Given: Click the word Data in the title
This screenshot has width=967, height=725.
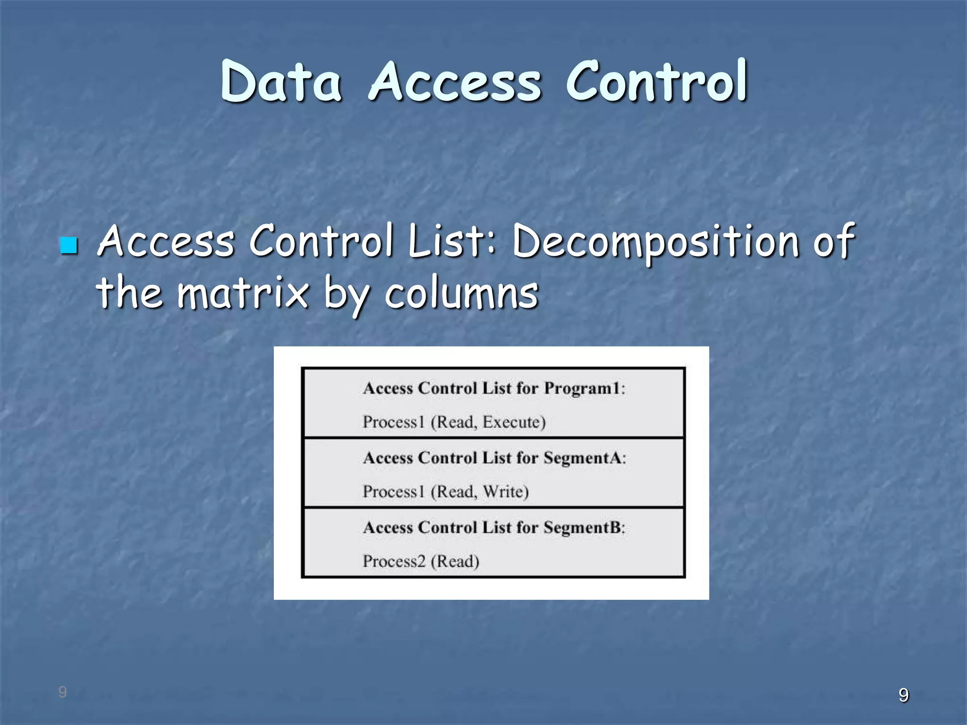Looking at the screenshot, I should [x=280, y=82].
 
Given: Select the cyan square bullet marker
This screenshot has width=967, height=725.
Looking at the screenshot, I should [x=69, y=245].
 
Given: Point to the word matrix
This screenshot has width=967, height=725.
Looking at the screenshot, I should [x=243, y=293].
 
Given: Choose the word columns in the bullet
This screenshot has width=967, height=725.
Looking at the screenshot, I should [x=461, y=293].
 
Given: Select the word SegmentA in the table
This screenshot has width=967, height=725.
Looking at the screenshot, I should [x=582, y=457].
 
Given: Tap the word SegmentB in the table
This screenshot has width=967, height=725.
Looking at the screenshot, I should [x=582, y=527].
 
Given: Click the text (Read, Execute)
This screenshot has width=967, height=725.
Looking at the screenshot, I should [x=488, y=422].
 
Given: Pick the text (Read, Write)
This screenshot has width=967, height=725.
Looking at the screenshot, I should [x=480, y=491].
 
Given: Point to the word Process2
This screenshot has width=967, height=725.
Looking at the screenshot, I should [x=394, y=561].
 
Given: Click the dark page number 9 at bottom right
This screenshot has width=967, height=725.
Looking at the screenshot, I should [x=903, y=695].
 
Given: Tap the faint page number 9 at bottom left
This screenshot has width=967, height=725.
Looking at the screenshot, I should [x=62, y=692].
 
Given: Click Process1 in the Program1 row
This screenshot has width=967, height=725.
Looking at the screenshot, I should [x=394, y=422].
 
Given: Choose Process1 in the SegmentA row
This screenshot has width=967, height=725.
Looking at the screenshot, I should [x=394, y=491].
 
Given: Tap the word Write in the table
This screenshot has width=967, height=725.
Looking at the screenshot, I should [x=505, y=491].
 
